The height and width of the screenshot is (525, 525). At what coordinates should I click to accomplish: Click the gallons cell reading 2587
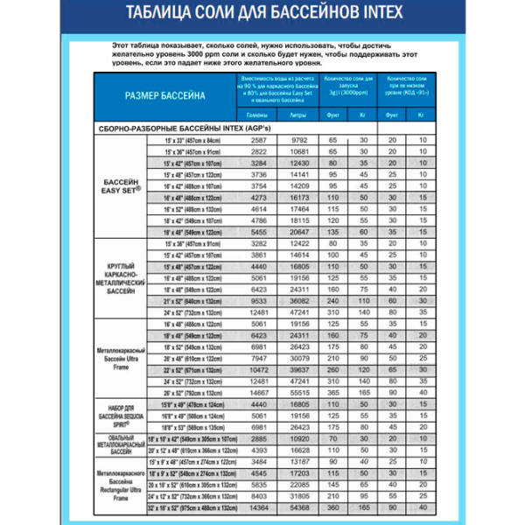[258, 140]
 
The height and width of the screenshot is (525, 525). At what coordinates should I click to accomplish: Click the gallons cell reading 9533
[258, 299]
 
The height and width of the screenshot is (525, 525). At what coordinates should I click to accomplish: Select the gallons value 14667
[258, 393]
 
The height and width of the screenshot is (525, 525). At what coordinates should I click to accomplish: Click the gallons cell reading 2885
[258, 437]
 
